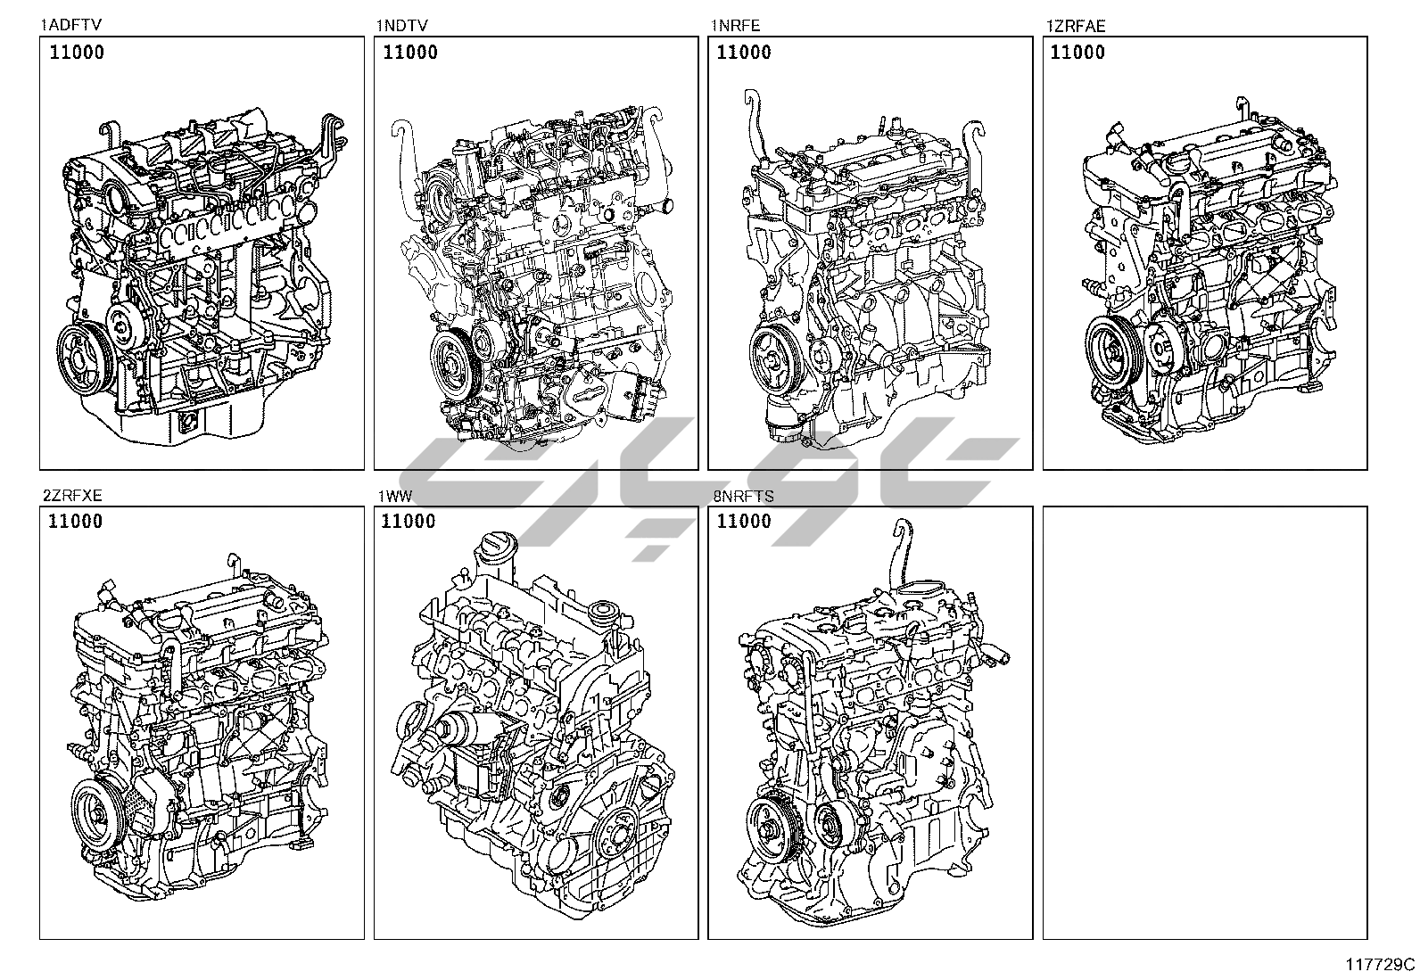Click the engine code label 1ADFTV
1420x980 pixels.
pyautogui.click(x=71, y=25)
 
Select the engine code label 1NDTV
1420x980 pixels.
pyautogui.click(x=402, y=25)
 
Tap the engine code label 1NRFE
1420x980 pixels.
pyautogui.click(x=735, y=25)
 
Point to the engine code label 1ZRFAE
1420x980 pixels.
pyautogui.click(x=1076, y=26)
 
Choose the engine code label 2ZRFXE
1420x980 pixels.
pyautogui.click(x=72, y=495)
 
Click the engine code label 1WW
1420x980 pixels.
pyautogui.click(x=395, y=496)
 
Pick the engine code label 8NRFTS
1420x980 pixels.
pyautogui.click(x=744, y=496)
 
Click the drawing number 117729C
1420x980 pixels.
pyautogui.click(x=1380, y=964)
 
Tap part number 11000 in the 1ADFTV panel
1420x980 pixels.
pyautogui.click(x=77, y=52)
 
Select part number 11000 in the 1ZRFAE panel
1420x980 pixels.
pyautogui.click(x=1077, y=52)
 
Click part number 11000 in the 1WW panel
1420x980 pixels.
pyautogui.click(x=409, y=521)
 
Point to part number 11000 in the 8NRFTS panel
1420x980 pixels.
pyautogui.click(x=744, y=521)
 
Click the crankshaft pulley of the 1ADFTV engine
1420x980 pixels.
pyautogui.click(x=85, y=359)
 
